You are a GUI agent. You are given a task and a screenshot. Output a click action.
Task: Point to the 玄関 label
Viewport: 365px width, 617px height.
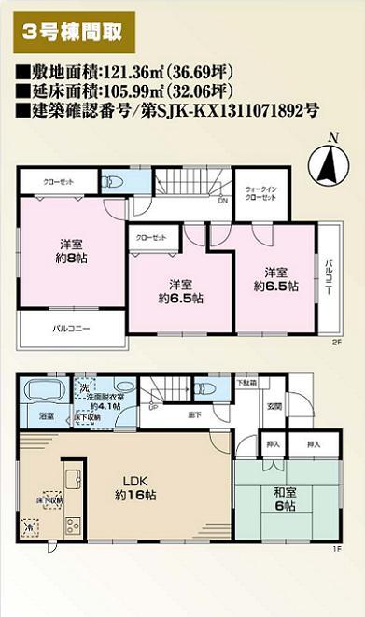(275, 407)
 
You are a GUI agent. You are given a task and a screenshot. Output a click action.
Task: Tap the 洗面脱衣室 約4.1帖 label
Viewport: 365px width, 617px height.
(100, 402)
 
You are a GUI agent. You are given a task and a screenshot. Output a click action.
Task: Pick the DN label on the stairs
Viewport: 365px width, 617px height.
(222, 199)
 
